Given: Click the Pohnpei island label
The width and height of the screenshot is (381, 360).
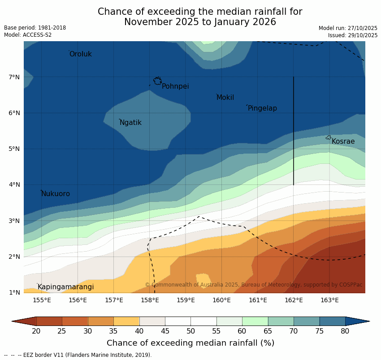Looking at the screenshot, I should point(175,86).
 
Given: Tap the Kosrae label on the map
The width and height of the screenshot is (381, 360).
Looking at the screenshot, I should point(343,141).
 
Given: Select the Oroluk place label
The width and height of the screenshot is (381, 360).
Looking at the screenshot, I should point(80,54).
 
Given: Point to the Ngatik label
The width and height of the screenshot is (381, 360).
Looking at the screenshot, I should point(130,123).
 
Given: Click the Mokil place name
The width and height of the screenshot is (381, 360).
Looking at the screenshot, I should point(225,98).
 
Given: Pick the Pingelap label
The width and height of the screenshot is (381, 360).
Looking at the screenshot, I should point(262,108).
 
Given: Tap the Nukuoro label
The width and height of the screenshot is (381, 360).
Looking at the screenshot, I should point(56,194).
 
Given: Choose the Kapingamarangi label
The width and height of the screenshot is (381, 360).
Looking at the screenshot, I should point(65,287).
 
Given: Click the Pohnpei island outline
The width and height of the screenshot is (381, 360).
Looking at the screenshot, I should point(157,81).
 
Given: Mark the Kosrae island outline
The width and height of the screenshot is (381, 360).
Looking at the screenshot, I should point(329,137).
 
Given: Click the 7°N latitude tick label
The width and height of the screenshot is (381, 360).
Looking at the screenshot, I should point(14,77).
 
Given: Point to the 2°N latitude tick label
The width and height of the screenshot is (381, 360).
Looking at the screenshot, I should point(14,257).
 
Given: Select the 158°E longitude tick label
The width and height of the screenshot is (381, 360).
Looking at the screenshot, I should point(150,300).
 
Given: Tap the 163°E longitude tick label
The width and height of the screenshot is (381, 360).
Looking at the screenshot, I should point(329,300).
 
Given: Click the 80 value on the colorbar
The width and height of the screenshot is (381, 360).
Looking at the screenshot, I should point(345,331).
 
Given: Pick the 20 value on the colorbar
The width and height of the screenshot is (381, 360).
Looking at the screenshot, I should point(36,331).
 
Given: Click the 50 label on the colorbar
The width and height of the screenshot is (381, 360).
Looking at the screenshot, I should point(191,331).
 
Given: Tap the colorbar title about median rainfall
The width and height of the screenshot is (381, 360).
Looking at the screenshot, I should point(190,343).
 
